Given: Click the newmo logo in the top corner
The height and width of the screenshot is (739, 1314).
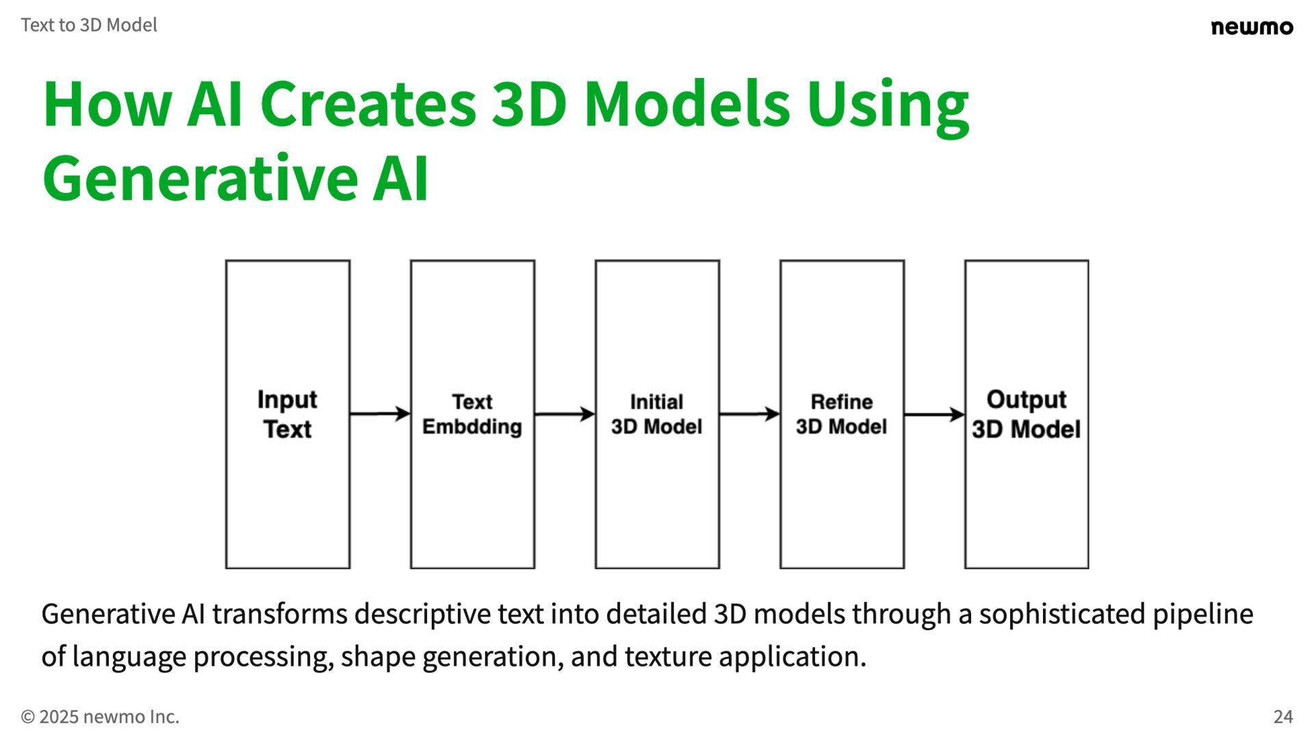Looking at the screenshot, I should click(x=1252, y=27).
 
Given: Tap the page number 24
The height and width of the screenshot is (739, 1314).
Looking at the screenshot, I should click(x=1283, y=716).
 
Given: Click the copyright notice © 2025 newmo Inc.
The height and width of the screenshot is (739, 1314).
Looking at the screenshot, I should click(x=100, y=716).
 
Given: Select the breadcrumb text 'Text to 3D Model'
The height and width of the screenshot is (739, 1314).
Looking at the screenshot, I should click(x=89, y=25).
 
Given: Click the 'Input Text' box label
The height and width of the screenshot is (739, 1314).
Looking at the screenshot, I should click(x=287, y=414).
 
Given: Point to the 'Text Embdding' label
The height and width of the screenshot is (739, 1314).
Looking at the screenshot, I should click(x=472, y=414).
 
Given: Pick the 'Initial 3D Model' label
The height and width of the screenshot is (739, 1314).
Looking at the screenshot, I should click(x=657, y=414).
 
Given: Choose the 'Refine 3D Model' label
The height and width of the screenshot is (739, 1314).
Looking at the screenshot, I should click(x=842, y=414).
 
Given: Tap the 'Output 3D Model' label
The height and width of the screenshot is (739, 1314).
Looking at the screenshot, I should click(x=1027, y=414).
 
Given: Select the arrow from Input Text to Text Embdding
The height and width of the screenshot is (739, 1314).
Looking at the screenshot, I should click(x=380, y=414).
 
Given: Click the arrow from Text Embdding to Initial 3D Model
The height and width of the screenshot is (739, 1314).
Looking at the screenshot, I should click(x=565, y=414).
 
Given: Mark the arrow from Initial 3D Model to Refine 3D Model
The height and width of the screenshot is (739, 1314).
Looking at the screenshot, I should click(x=749, y=414).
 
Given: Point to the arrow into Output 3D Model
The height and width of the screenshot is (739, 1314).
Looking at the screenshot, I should click(x=934, y=414).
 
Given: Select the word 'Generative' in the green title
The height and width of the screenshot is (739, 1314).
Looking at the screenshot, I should click(x=198, y=178).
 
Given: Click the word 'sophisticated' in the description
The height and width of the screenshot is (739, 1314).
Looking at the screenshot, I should click(x=1061, y=614).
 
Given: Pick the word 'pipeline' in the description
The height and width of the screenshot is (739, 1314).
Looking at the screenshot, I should click(x=1202, y=614).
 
